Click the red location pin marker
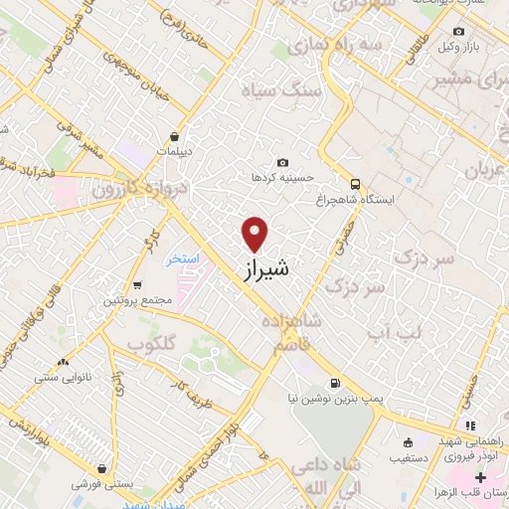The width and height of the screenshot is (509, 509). (255, 234)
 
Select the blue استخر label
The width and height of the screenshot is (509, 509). (182, 258)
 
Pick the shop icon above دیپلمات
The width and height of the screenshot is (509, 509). (175, 136)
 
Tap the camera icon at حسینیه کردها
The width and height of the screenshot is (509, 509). (283, 162)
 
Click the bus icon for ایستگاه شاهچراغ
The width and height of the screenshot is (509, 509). (355, 183)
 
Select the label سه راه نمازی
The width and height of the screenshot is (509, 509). (322, 46)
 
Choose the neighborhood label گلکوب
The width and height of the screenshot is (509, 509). (151, 342)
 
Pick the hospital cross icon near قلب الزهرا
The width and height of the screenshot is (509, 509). (482, 478)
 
